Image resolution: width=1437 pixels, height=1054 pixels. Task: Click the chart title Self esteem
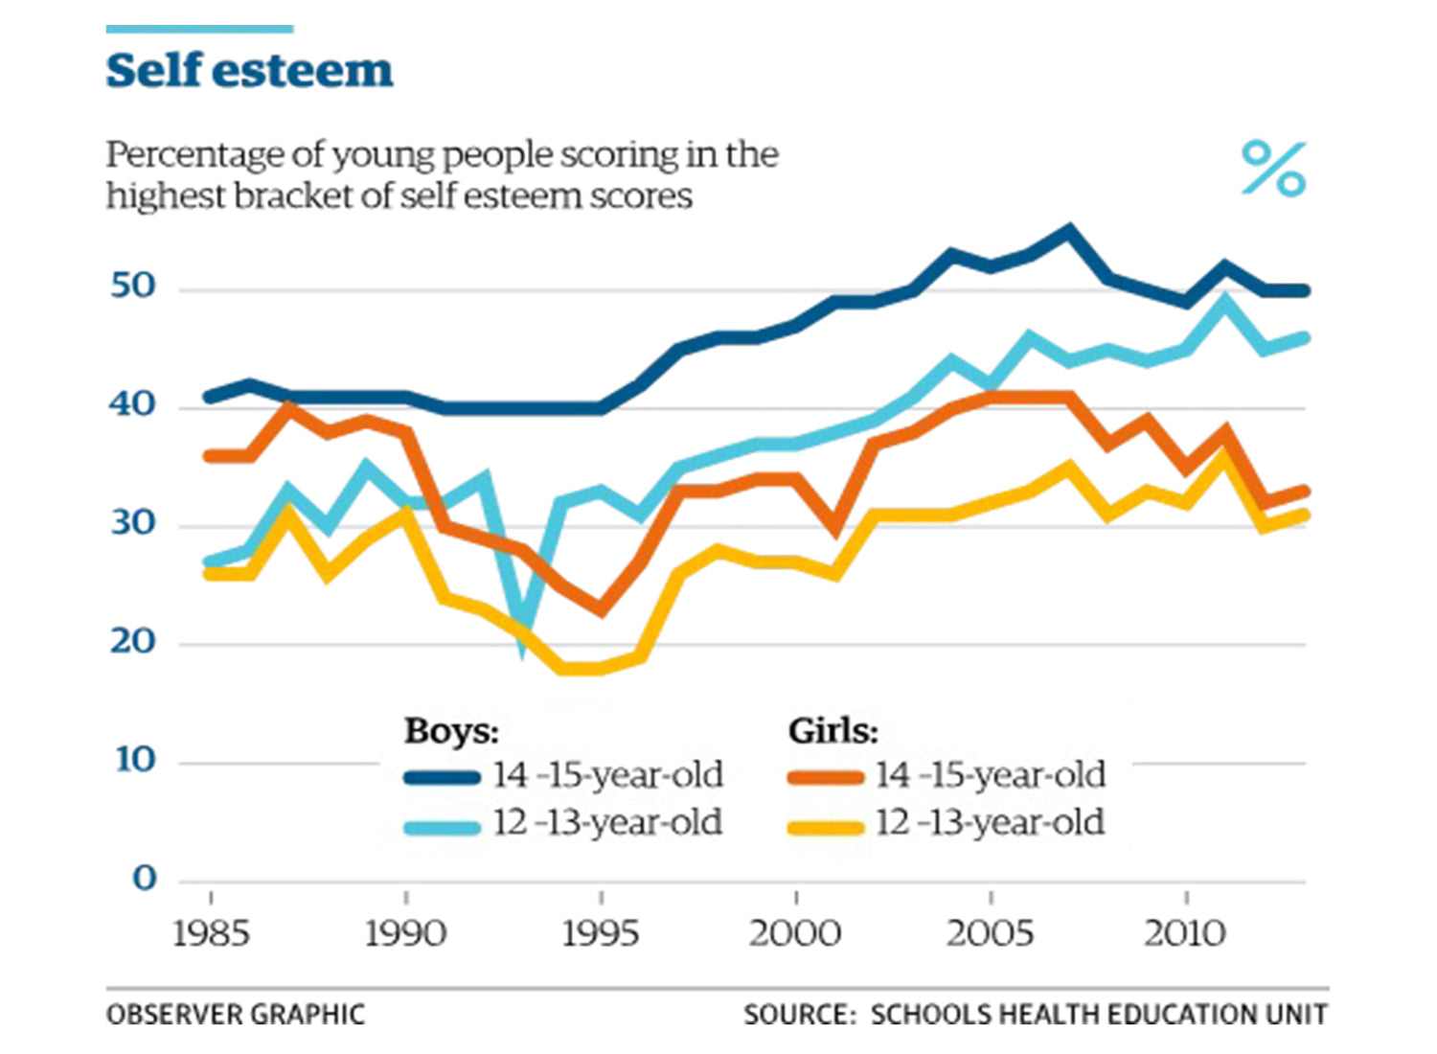249,71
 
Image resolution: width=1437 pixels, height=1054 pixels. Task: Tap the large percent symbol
1273,169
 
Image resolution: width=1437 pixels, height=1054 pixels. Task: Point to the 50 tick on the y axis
133,286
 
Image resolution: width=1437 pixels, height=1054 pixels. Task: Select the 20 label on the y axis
133,641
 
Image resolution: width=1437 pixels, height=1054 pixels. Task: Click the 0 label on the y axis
145,878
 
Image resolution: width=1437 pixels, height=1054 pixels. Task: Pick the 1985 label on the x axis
211,933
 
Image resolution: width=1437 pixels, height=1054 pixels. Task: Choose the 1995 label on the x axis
601,933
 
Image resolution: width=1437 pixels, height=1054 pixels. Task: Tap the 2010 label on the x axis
1185,933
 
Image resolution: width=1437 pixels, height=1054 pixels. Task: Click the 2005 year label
991,933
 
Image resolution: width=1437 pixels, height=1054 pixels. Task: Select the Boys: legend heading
451,731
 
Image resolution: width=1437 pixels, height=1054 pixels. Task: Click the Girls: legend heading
833,731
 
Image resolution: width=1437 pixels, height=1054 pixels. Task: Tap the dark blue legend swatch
442,777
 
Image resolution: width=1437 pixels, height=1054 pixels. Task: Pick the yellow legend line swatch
825,825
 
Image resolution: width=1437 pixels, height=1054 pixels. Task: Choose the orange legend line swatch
825,777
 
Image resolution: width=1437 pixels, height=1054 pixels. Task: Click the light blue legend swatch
442,826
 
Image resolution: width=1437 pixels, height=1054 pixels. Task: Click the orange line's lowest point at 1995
601,608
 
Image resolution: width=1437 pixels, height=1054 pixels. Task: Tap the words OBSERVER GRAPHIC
236,1015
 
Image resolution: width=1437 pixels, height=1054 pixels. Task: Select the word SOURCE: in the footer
799,1015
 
